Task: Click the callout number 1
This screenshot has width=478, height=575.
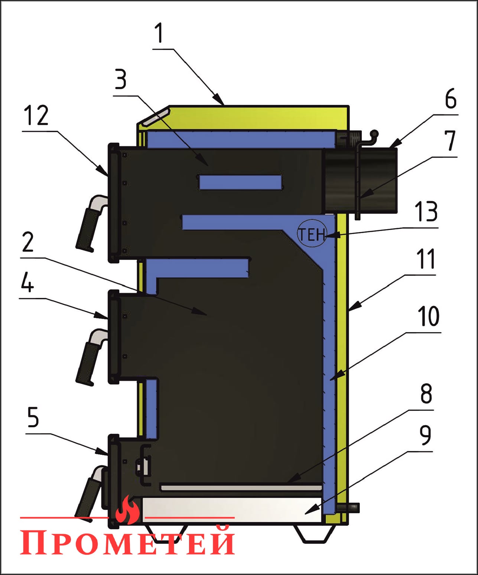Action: (159, 33)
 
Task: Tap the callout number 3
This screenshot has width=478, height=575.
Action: (120, 79)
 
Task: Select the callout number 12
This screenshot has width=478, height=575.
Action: (36, 116)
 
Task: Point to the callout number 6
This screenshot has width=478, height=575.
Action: (451, 98)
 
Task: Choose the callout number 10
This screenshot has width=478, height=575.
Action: (429, 316)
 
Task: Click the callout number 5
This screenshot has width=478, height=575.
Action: (33, 418)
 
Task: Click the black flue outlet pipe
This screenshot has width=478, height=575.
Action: (360, 181)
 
